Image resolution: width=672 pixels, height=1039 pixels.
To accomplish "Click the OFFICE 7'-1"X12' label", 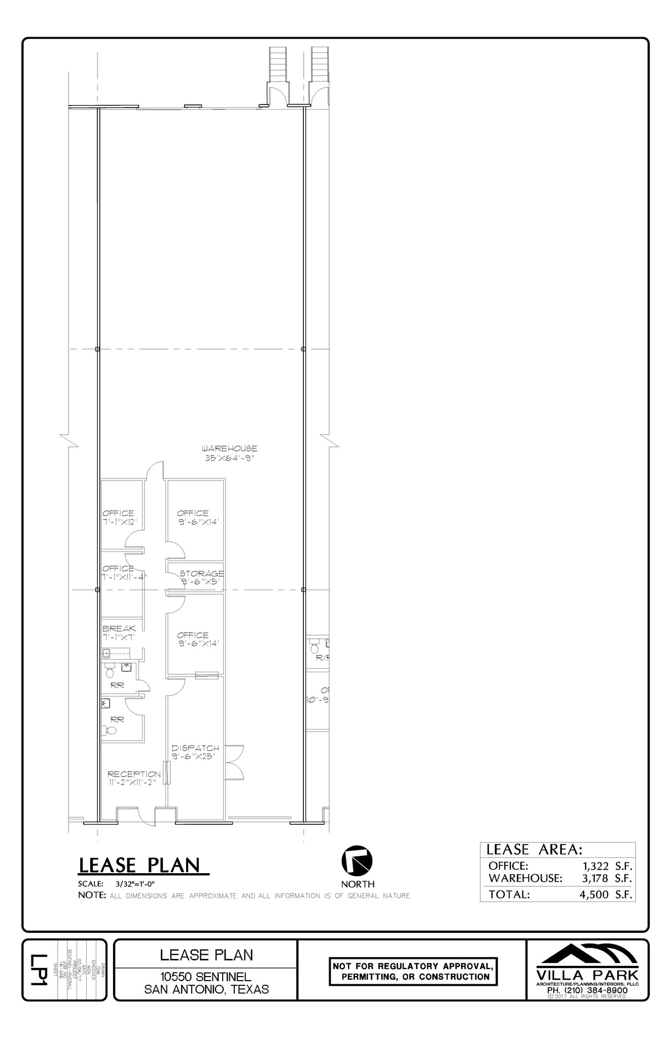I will click(118, 517).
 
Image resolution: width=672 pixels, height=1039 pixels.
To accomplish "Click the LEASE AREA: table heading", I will click(534, 849).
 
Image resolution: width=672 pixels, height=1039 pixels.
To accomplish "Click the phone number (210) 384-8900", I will click(588, 989).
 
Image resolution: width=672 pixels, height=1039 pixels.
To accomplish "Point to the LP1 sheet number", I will click(39, 970).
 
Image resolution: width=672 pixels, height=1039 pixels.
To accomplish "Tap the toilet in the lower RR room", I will click(111, 731).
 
